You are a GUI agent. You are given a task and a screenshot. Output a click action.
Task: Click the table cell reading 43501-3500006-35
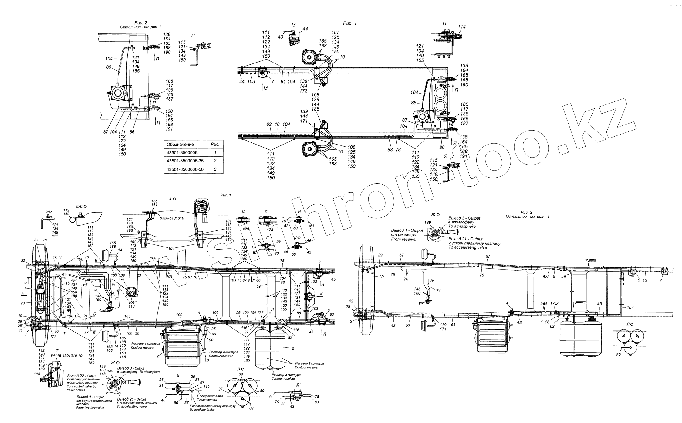pos(185,161)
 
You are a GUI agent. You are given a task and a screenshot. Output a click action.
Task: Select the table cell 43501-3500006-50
pos(185,169)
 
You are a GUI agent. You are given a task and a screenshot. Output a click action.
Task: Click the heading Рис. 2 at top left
pos(141,23)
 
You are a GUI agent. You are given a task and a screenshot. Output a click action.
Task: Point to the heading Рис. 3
pos(526,213)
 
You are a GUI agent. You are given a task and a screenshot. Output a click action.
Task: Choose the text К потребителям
pos(210,396)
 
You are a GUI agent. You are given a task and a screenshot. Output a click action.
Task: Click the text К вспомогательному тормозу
pos(212,406)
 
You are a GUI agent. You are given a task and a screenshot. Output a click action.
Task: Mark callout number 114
pos(462,27)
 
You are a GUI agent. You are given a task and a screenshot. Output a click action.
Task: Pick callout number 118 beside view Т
pos(37,374)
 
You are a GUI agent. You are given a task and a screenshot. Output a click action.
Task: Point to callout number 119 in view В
pos(206,387)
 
